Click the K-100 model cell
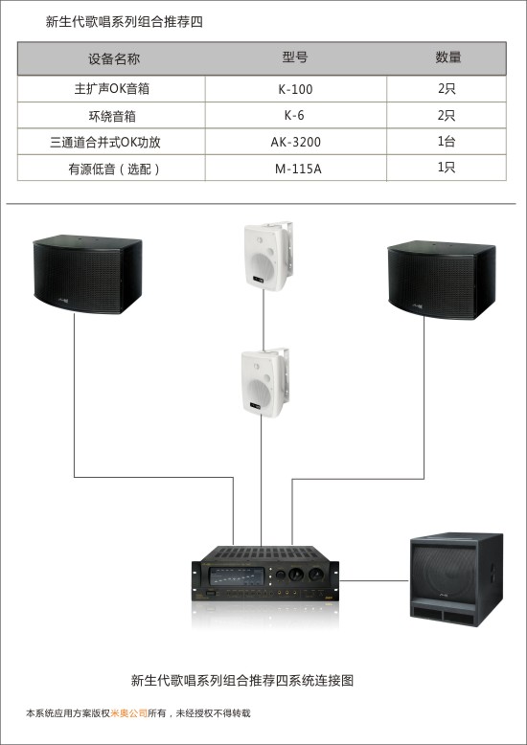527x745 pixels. [295, 89]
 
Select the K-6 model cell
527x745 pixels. [294, 116]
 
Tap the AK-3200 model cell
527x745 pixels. [296, 142]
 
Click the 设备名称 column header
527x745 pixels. [114, 59]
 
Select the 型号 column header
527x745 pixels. [295, 57]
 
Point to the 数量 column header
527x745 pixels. [448, 57]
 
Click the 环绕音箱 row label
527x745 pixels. [112, 116]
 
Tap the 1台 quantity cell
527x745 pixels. [447, 141]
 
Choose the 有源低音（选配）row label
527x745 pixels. [114, 169]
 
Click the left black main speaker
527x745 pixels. [87, 274]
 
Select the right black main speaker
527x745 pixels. [442, 280]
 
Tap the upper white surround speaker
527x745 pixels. [267, 257]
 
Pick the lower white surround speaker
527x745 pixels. [264, 383]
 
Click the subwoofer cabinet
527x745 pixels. [457, 579]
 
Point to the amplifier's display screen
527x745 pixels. [237, 576]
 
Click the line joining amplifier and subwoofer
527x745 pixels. [375, 580]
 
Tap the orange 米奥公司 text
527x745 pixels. [129, 713]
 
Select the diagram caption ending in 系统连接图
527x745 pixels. [242, 681]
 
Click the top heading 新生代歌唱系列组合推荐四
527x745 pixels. [125, 22]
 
